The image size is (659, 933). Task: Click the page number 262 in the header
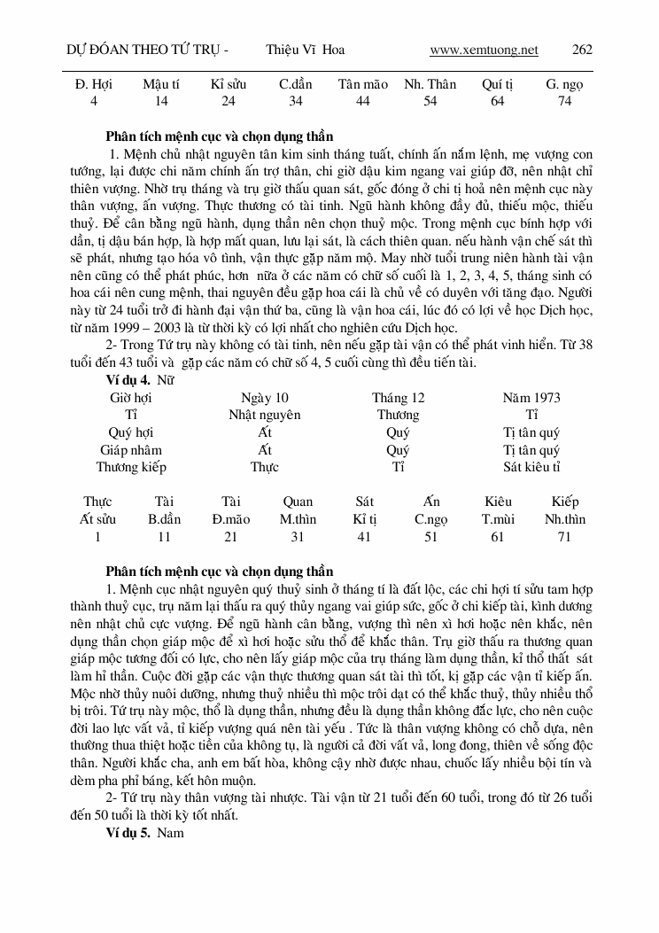(x=582, y=50)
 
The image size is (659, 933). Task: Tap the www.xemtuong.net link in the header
(x=484, y=50)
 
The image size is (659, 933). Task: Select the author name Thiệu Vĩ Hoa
(x=305, y=50)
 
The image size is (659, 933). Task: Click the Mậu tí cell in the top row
(x=161, y=85)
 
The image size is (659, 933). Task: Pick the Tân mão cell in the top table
(x=363, y=85)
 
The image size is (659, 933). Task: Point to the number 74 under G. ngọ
(x=564, y=101)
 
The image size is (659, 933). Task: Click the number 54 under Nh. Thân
(x=430, y=101)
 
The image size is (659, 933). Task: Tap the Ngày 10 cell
(x=265, y=398)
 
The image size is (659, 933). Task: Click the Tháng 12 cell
(x=398, y=398)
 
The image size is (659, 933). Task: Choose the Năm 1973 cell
(x=531, y=398)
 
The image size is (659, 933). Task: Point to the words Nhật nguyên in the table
(x=265, y=415)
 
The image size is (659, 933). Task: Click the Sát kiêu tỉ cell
(x=531, y=467)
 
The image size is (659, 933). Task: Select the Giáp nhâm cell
(x=131, y=450)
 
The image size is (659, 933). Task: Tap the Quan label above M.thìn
(x=298, y=502)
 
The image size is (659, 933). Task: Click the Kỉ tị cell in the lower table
(x=365, y=519)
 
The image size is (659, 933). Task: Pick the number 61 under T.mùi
(x=499, y=537)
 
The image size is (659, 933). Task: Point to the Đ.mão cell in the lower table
(x=231, y=519)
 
